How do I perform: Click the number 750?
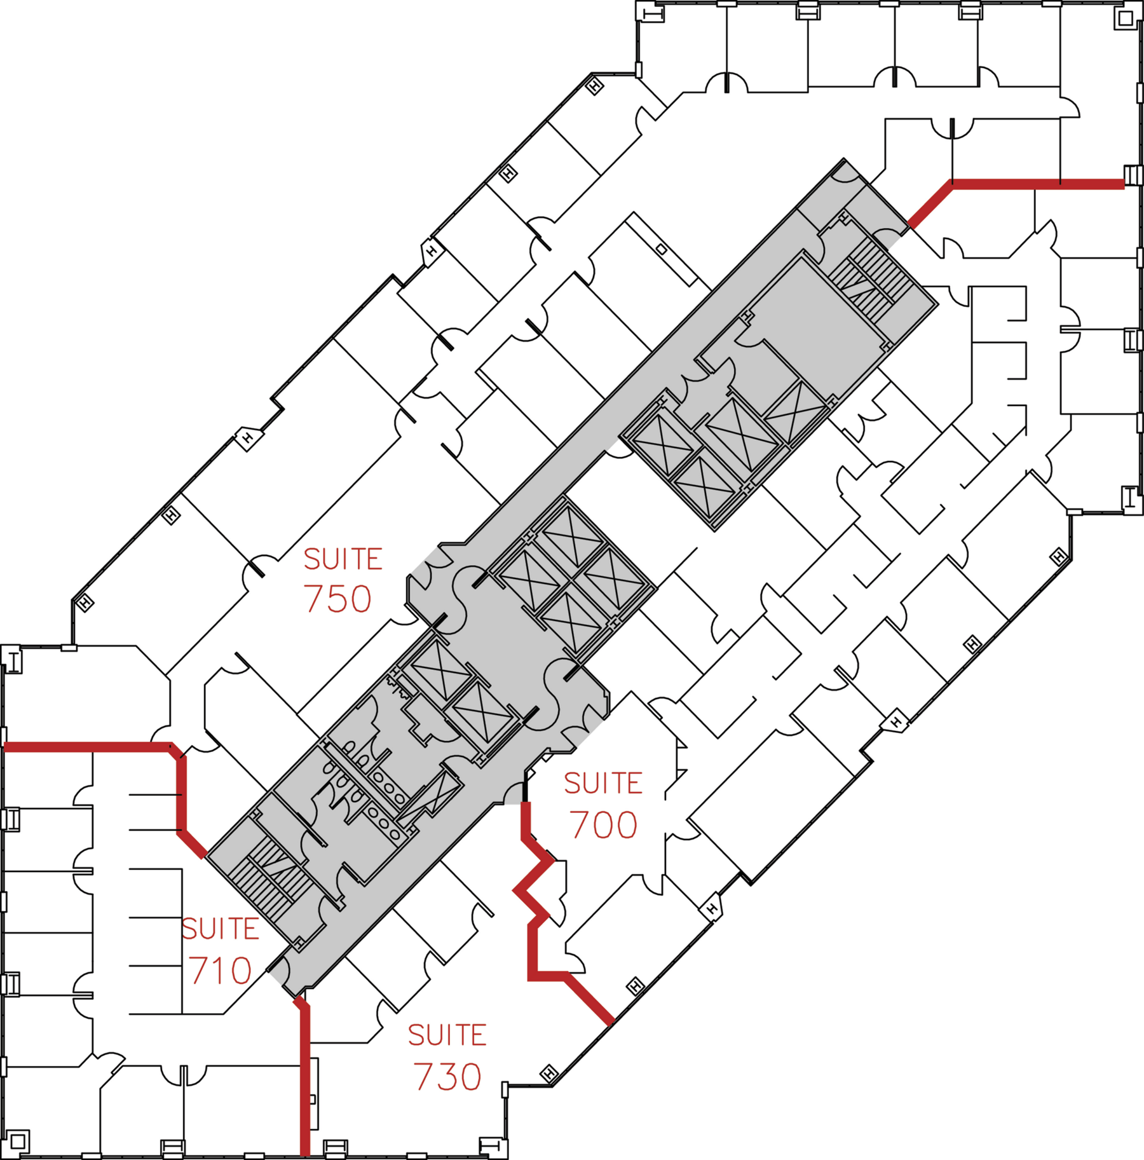click(337, 599)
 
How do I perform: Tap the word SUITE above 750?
click(343, 559)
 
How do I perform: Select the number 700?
click(603, 825)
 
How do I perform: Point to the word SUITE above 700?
click(603, 783)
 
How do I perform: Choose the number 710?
click(221, 971)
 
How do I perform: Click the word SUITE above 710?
click(221, 929)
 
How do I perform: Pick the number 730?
click(447, 1077)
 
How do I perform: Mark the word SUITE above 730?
click(447, 1035)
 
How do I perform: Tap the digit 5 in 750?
click(337, 599)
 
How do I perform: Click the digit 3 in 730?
click(447, 1077)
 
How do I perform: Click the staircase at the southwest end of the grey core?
click(270, 877)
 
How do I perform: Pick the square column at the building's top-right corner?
click(1126, 18)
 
